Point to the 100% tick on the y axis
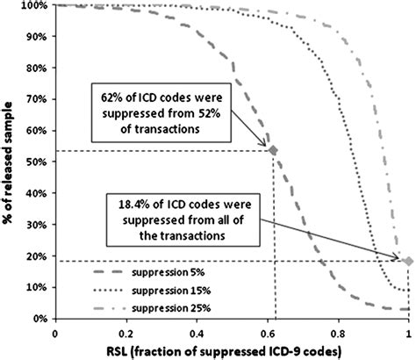tap(34, 5)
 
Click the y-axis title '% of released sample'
tap(11, 162)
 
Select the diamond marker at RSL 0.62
tap(273, 151)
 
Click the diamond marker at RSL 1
tap(407, 260)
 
